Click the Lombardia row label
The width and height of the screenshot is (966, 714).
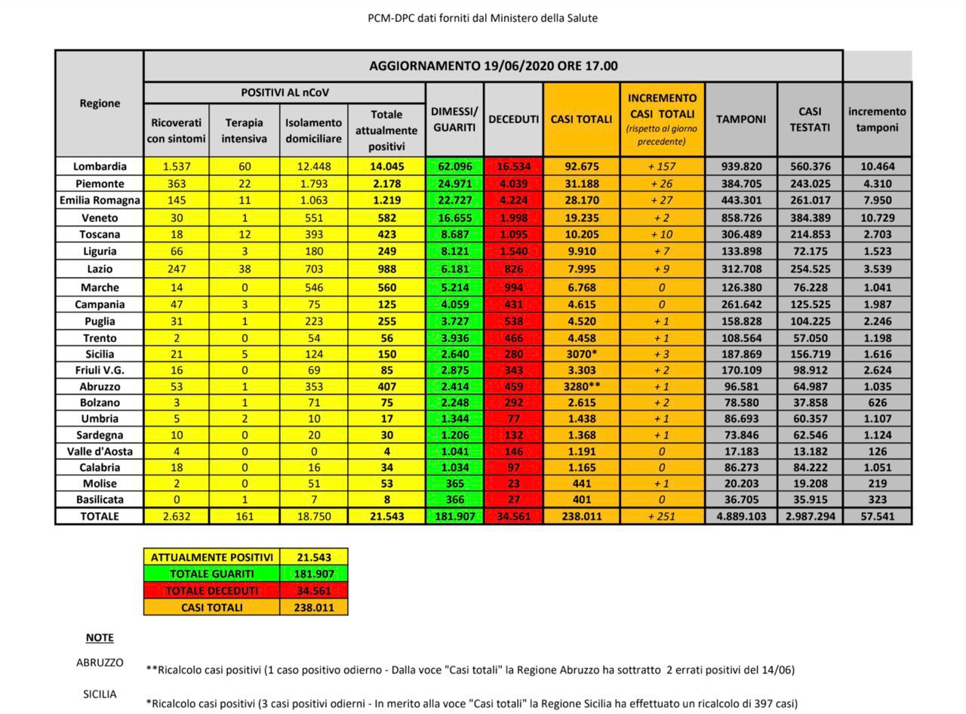tap(100, 167)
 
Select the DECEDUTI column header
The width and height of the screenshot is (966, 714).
tap(513, 119)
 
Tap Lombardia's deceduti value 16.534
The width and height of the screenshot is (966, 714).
tap(513, 167)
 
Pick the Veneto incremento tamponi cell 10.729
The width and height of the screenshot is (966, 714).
tap(877, 217)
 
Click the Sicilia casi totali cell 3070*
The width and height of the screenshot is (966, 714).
tap(582, 354)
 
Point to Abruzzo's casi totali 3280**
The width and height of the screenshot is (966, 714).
tap(582, 386)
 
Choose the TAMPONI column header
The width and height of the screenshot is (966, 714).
tap(740, 119)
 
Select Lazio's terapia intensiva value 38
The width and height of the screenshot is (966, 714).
tap(245, 269)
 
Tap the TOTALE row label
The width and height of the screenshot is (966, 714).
tap(100, 516)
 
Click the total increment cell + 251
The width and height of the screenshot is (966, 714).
tap(662, 516)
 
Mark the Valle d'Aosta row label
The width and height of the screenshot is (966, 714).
tap(100, 451)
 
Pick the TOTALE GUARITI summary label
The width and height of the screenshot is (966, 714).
tap(211, 574)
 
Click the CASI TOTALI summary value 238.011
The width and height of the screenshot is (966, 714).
tap(313, 607)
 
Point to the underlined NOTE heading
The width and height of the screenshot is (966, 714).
tap(100, 638)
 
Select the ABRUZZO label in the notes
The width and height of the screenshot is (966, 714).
tap(100, 662)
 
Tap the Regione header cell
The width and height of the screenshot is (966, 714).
tap(100, 103)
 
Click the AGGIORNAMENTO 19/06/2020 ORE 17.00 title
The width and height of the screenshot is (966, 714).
tap(493, 66)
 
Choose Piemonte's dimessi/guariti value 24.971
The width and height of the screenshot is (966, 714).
tap(454, 183)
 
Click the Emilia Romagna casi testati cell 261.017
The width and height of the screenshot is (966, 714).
tap(810, 201)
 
